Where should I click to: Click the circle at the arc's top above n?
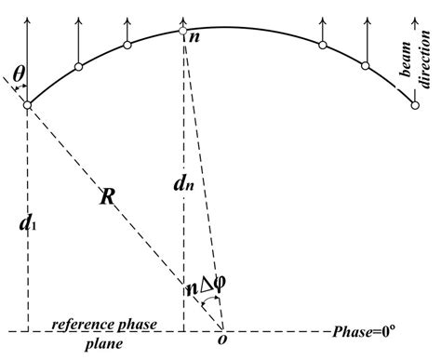(183, 31)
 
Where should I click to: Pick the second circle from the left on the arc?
(78, 66)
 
